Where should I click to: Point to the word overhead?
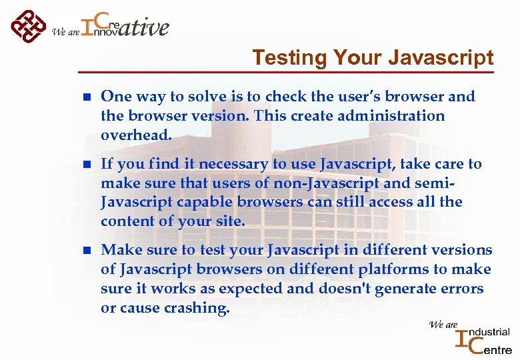click(136, 135)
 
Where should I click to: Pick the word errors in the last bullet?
click(461, 289)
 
